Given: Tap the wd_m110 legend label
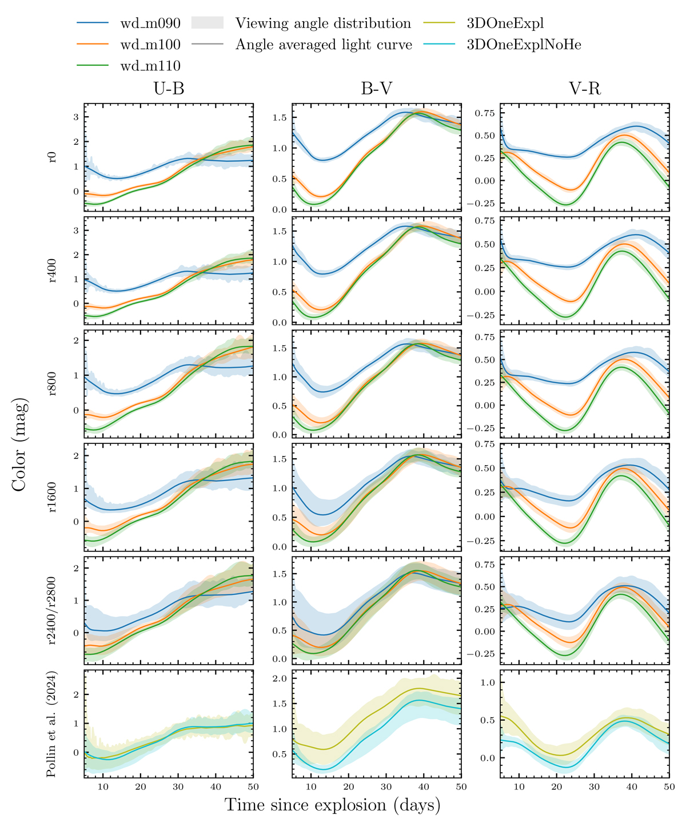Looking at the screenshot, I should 150,66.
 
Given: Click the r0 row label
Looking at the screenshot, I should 53,157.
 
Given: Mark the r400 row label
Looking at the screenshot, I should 53,270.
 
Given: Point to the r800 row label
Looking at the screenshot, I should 53,383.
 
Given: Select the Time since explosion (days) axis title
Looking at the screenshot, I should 333,805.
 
